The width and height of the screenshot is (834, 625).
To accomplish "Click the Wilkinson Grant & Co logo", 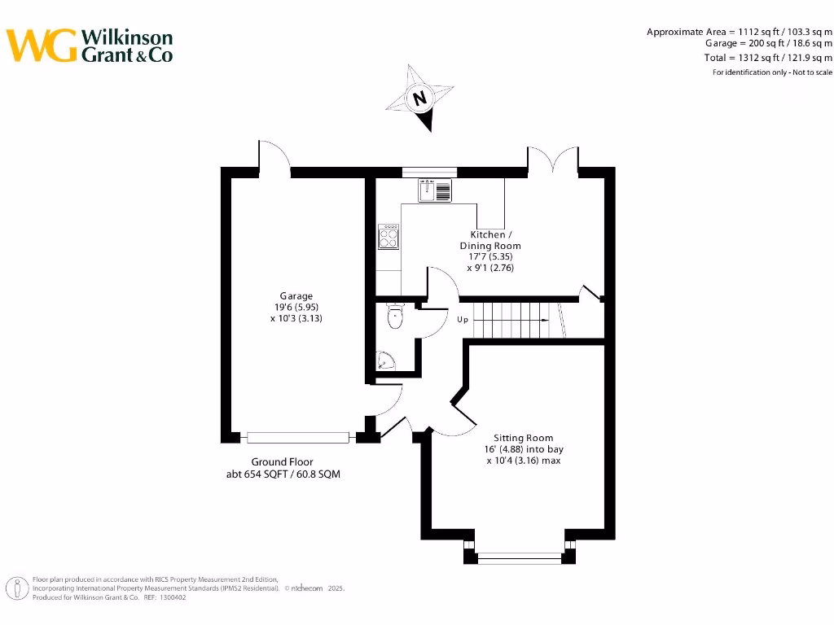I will pos(90,45).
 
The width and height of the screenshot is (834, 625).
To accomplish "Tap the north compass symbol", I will pos(420,98).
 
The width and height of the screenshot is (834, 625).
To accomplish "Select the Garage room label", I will pos(296,296).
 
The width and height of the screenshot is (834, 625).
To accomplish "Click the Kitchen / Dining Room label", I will pos(490,240).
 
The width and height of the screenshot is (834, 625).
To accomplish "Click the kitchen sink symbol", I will pos(435,191).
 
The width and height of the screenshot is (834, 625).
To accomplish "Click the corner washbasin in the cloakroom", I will pos(384,361).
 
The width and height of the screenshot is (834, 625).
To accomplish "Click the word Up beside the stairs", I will pos(463,320).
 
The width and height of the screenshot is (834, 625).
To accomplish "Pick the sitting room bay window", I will pos(519,557).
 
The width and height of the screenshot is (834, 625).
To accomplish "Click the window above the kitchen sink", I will pos(429,172).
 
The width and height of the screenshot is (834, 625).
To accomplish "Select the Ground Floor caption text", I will pos(282,461).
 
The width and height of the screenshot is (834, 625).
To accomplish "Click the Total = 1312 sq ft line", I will pos(767,58).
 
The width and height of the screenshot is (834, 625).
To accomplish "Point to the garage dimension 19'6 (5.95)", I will pos(296,308).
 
